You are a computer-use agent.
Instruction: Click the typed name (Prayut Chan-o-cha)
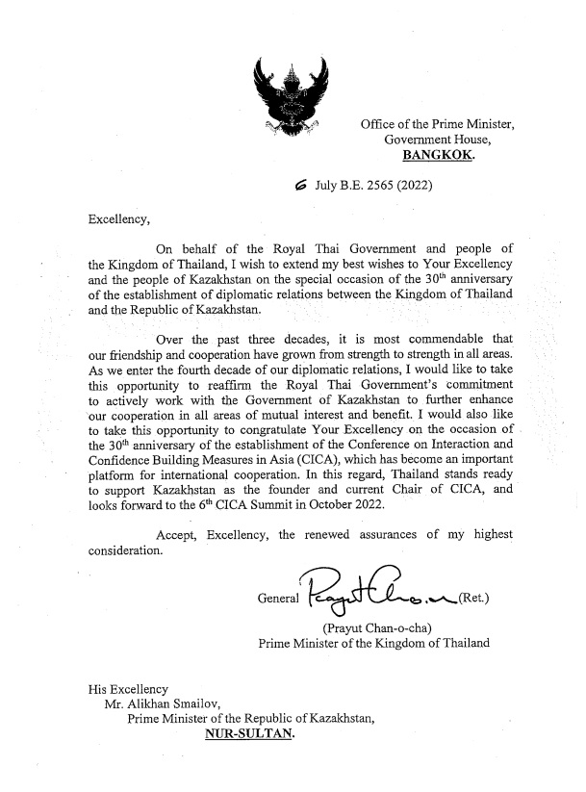382,631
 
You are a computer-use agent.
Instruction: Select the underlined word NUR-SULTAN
249,736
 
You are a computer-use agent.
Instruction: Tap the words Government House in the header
431,140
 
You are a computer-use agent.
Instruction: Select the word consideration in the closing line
125,551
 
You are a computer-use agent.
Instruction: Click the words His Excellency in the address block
128,688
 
